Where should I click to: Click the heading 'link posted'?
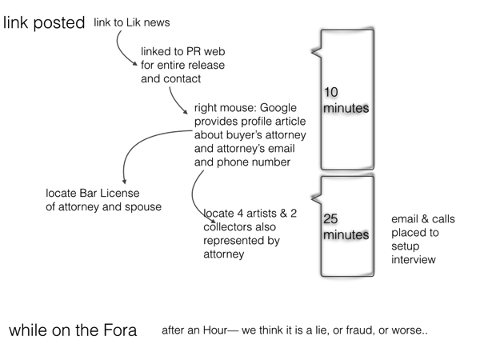(44, 23)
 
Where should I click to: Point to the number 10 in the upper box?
(330, 94)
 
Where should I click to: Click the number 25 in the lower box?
(331, 219)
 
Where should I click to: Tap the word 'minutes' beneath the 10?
(346, 108)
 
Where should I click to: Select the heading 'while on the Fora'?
(73, 330)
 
